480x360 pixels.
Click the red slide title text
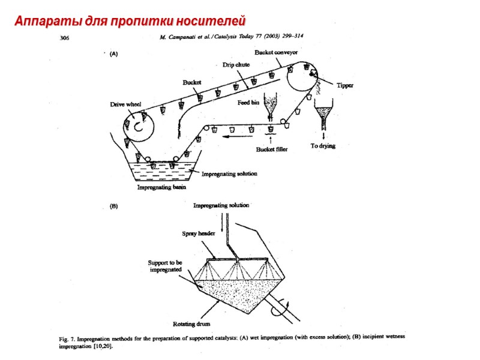tap(130, 22)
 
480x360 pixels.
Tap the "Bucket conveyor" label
tap(276, 52)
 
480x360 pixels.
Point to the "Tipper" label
tap(344, 85)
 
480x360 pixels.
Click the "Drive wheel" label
tap(125, 104)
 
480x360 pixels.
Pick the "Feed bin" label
tap(248, 103)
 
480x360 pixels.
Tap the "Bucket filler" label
tap(272, 149)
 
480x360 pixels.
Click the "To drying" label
tap(323, 146)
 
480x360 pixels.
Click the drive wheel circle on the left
tap(139, 126)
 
